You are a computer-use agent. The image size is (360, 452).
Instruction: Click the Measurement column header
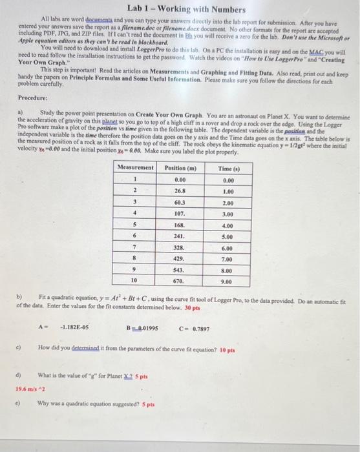pos(136,168)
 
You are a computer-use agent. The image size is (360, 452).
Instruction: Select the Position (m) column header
pos(180,168)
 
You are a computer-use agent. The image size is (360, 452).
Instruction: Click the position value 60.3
pos(180,202)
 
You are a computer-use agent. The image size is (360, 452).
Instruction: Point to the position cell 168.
pos(180,225)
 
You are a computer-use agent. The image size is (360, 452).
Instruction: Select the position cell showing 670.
pos(180,282)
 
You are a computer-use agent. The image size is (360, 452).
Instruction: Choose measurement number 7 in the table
pos(135,248)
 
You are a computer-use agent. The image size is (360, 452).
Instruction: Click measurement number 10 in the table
pos(135,282)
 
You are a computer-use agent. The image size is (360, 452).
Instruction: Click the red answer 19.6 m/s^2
pos(29,389)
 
